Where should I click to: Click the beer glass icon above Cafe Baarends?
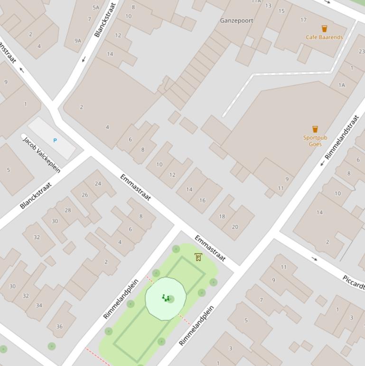pos(324,29)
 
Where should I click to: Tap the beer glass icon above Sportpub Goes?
pos(315,129)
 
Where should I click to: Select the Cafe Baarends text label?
pos(324,37)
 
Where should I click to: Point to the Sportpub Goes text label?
pos(315,141)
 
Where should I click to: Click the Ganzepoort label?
pos(236,20)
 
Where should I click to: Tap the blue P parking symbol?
pos(55,140)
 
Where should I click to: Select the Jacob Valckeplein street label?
pos(42,154)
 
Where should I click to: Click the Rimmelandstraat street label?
pos(342,137)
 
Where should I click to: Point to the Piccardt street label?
pos(353,282)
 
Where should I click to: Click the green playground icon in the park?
pos(165,298)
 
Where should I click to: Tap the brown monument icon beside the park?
pos(198,257)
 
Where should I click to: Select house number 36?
pos(59,326)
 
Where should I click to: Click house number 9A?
pos(78,41)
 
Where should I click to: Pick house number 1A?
pos(341,85)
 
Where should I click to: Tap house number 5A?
pos(96,8)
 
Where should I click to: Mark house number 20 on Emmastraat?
pos(235,227)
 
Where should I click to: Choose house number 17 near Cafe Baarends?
pos(303,20)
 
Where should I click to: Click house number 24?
pos(98,183)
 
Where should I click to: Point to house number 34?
pos(39,305)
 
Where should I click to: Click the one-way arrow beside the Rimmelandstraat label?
pos(322,164)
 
